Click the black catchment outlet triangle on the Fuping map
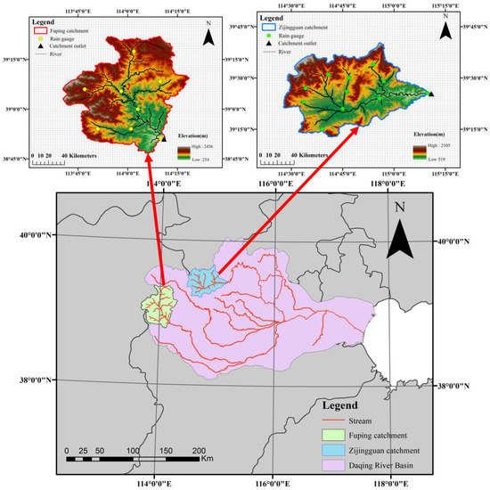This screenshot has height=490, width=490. [x=163, y=138]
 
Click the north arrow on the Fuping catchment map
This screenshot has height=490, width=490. [x=208, y=37]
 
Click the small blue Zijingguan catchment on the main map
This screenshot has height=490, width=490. [x=202, y=282]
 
